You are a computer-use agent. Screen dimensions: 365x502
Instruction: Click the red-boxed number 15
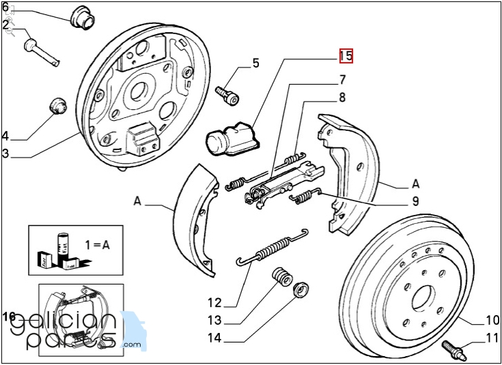(346, 56)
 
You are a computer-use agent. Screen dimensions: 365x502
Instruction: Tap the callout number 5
(255, 63)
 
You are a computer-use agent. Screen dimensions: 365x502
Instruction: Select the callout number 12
(215, 303)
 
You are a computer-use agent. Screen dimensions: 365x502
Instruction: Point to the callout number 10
(492, 320)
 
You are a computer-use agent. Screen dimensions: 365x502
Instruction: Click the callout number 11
(492, 338)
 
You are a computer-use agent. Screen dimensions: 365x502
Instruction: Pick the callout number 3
(5, 154)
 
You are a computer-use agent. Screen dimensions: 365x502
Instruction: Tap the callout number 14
(215, 338)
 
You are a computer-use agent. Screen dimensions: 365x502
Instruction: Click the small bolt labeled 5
(227, 95)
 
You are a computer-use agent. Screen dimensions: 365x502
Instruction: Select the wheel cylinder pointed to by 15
(229, 138)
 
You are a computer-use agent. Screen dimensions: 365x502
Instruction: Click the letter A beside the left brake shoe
(137, 201)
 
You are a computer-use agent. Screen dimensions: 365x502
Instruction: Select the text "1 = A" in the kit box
(97, 244)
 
